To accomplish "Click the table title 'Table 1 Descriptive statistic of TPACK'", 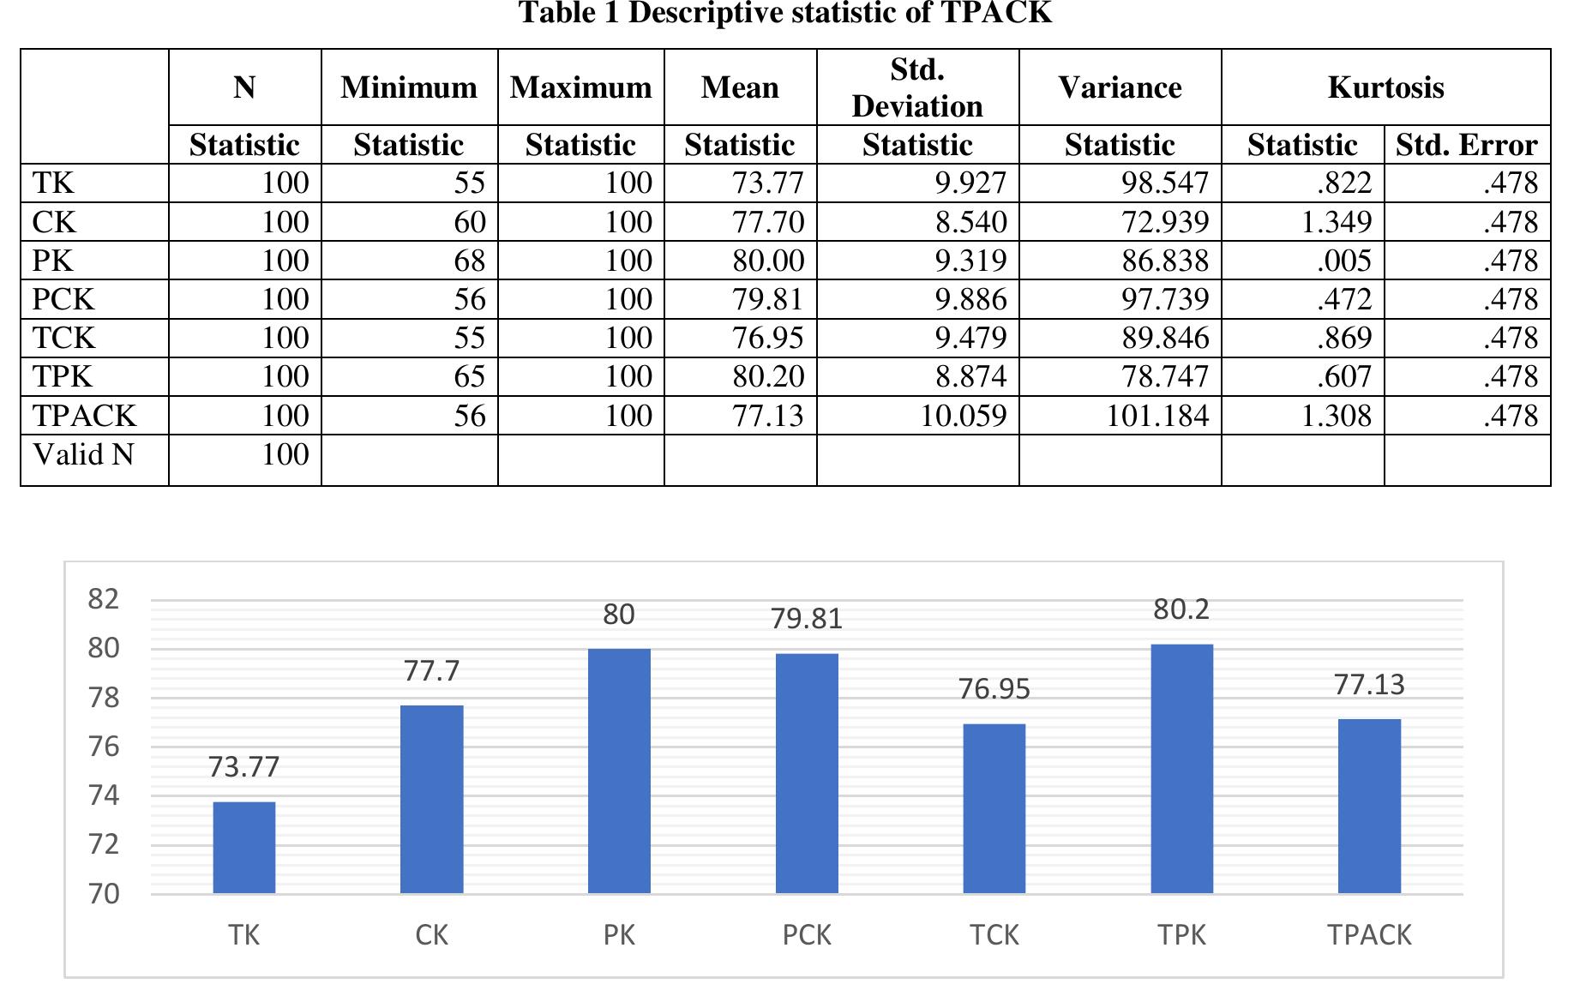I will [x=784, y=13].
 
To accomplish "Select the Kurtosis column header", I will [x=1385, y=87].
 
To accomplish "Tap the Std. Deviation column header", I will [x=916, y=87].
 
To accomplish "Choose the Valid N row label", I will [x=84, y=454].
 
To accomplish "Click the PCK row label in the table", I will [x=63, y=299].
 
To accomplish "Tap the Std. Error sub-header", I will [x=1466, y=145].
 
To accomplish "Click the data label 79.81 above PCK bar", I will [x=806, y=619].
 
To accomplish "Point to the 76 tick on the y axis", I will [x=104, y=747].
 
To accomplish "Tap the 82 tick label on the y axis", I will [x=104, y=599].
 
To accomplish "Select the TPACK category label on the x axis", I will [x=1369, y=935].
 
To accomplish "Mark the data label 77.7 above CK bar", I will [x=431, y=671].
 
